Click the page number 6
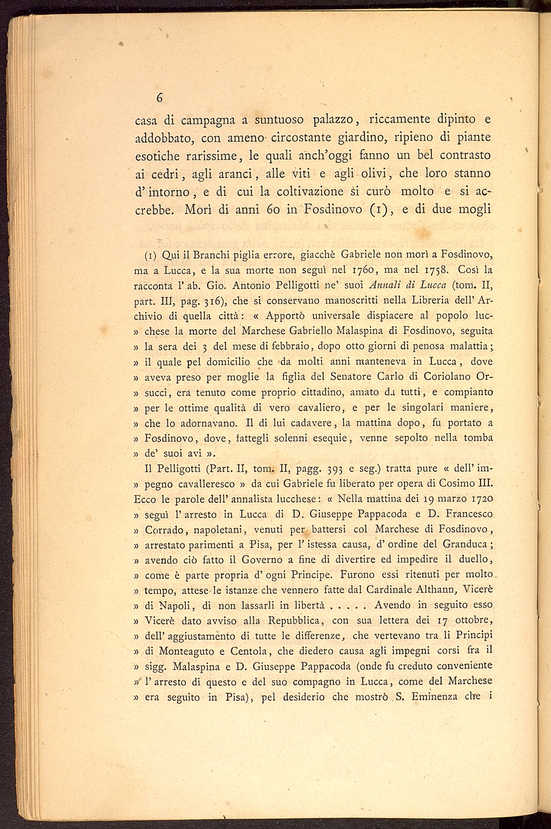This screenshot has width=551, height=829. tap(160, 98)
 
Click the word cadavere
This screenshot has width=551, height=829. tap(314, 423)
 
